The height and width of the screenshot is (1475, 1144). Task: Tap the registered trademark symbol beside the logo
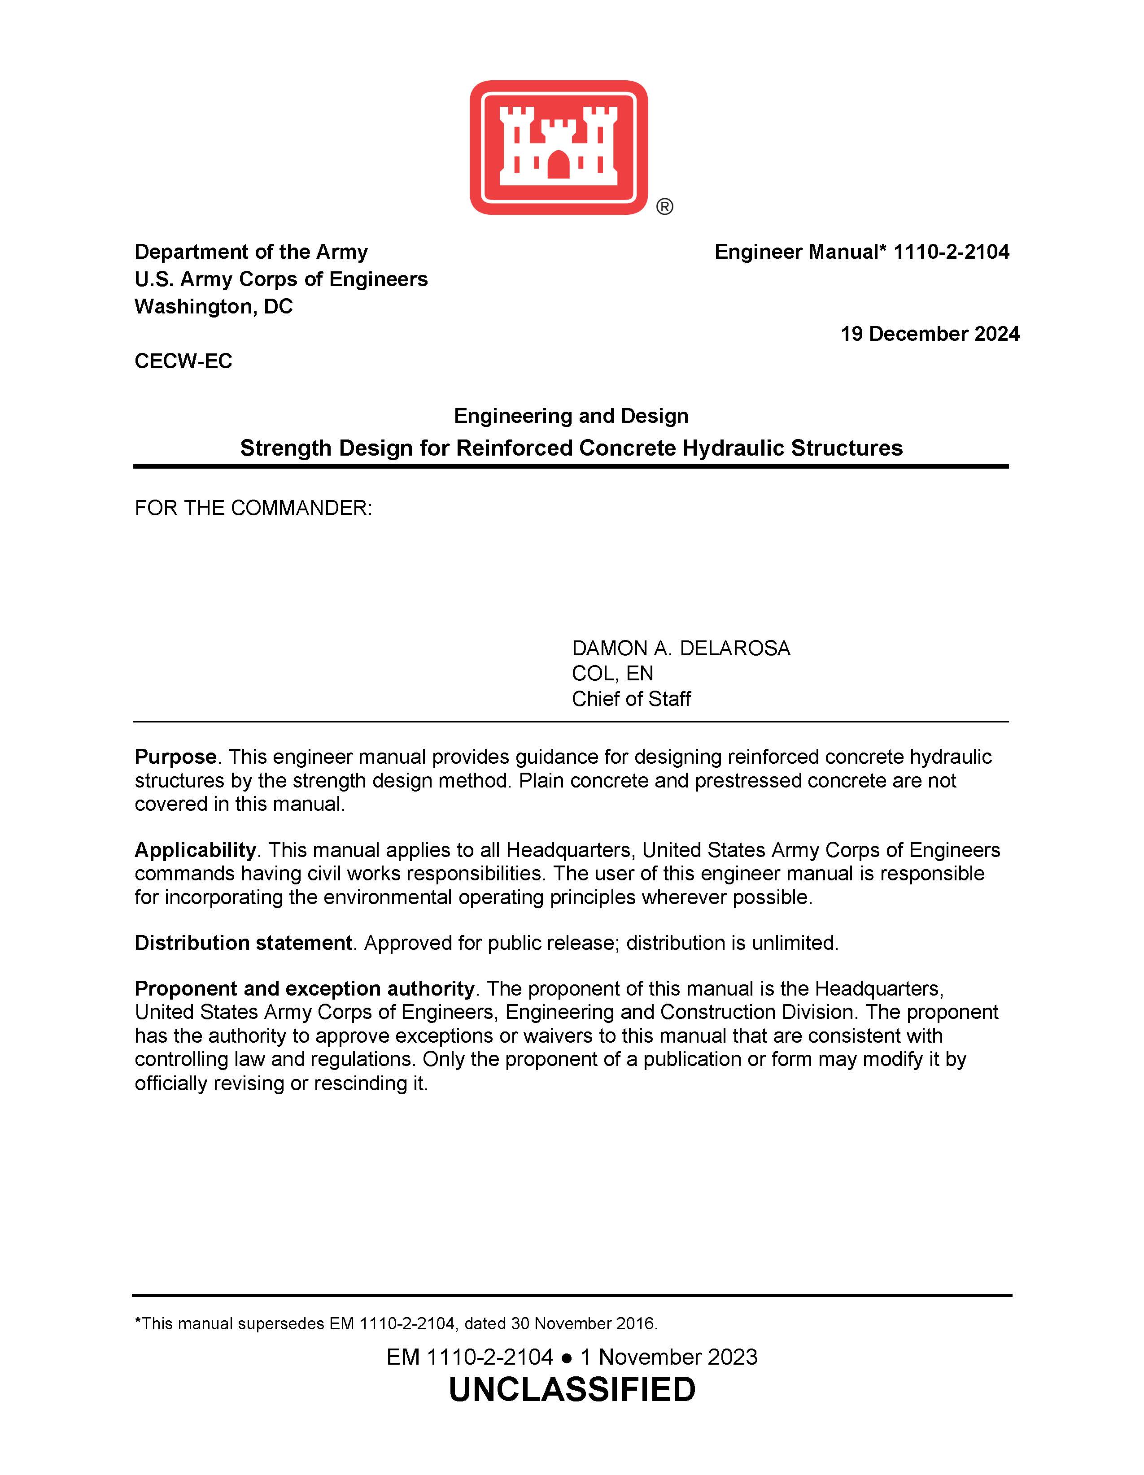pyautogui.click(x=664, y=207)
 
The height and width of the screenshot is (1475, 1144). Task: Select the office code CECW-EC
pyautogui.click(x=183, y=361)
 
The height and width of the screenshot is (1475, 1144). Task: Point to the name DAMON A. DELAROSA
pyautogui.click(x=681, y=648)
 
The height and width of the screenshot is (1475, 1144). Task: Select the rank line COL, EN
pyautogui.click(x=612, y=673)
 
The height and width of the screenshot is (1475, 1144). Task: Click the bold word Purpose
pyautogui.click(x=175, y=757)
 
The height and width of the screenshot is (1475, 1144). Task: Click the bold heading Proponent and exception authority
pyautogui.click(x=304, y=989)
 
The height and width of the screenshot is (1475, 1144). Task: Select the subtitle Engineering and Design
pyautogui.click(x=571, y=416)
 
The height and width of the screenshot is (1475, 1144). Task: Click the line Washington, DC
pyautogui.click(x=214, y=307)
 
